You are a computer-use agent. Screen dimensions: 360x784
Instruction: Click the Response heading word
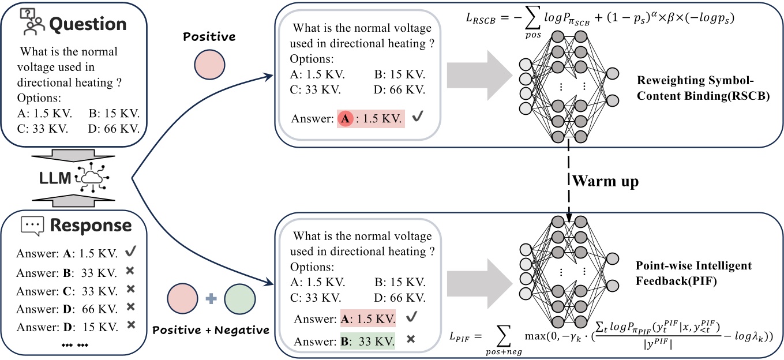tap(91, 225)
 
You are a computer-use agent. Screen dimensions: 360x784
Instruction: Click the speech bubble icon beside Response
tap(32, 225)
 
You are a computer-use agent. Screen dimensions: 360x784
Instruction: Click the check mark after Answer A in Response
tap(131, 253)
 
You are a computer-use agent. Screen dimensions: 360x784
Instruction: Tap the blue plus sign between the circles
tap(211, 299)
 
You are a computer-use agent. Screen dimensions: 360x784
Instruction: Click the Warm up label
tap(605, 182)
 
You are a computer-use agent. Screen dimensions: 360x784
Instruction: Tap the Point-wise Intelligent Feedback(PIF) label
tap(693, 272)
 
